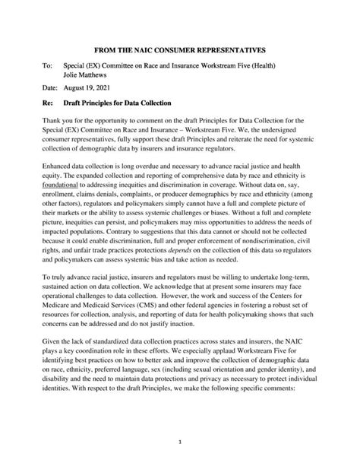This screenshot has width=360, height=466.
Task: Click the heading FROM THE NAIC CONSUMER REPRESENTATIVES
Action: [x=180, y=48]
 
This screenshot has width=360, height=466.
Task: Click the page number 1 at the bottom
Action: [x=180, y=441]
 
